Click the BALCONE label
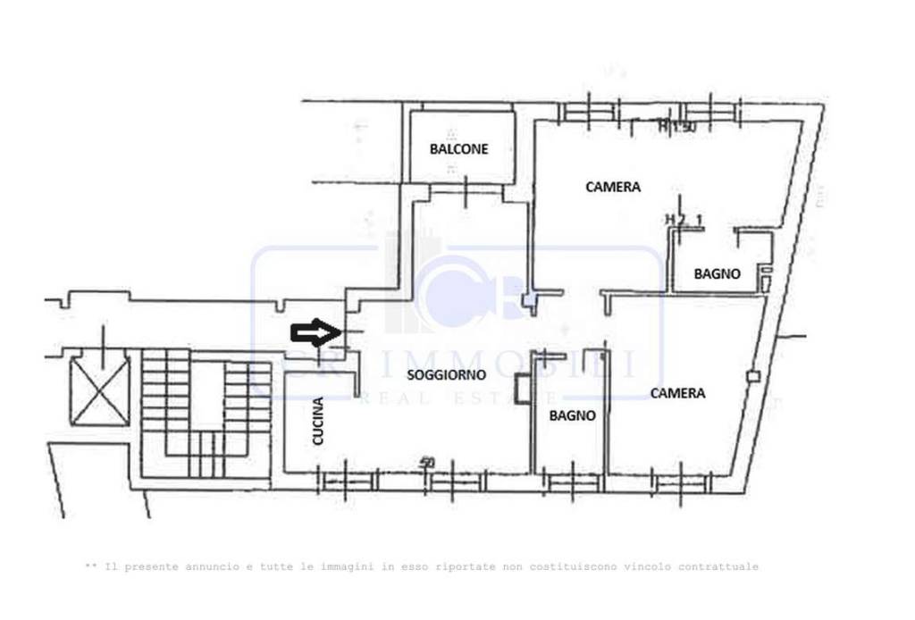tap(458, 149)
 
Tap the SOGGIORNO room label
tap(446, 375)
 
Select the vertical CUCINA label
tap(319, 433)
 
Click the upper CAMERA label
tap(613, 187)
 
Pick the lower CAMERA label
tap(677, 392)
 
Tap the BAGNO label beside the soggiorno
tap(572, 415)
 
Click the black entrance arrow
tap(316, 333)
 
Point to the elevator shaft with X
tap(99, 390)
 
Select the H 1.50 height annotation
tap(676, 128)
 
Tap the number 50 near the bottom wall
tap(427, 463)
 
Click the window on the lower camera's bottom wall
tap(682, 483)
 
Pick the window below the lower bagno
tap(572, 483)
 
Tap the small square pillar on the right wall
tap(753, 376)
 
